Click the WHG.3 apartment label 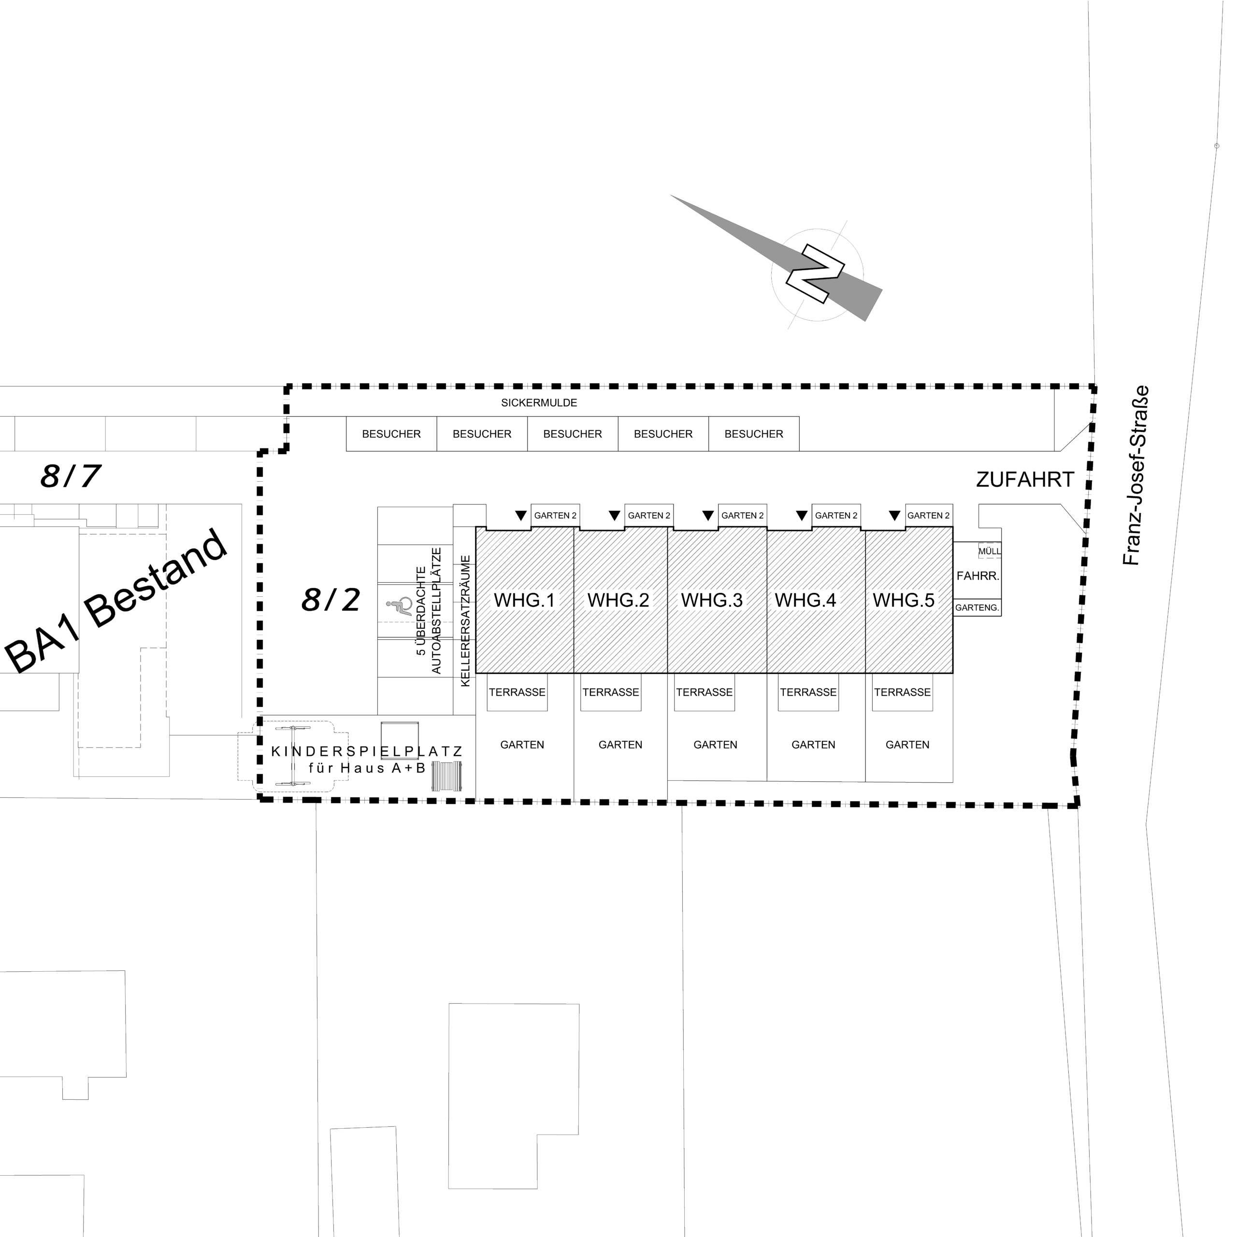click(x=711, y=600)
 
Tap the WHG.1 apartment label click(x=524, y=600)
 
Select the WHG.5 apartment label click(x=904, y=600)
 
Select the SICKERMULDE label click(x=539, y=403)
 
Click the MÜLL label click(x=989, y=551)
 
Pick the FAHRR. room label click(x=978, y=575)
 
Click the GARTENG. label click(x=977, y=607)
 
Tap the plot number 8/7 click(x=71, y=476)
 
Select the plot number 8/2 click(x=331, y=600)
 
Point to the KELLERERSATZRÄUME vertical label click(x=465, y=621)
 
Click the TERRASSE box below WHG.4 click(x=808, y=692)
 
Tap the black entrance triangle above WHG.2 click(x=615, y=516)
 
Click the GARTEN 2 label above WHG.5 click(x=928, y=516)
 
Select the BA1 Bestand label click(x=115, y=601)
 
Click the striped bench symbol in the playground click(x=447, y=776)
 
